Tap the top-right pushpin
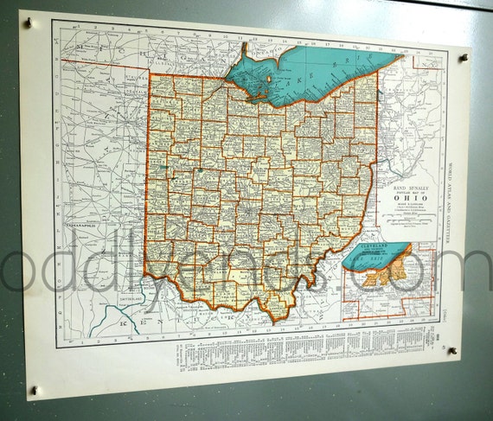tap(464, 59)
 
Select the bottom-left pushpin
tap(34, 390)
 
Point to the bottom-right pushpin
tap(451, 351)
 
